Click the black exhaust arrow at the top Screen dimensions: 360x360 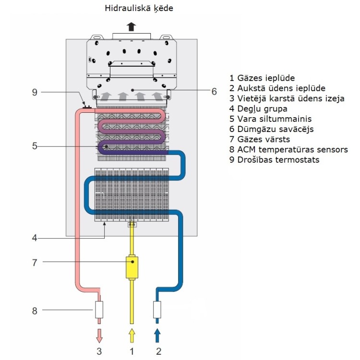[132, 26]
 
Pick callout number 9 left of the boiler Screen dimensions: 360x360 [35, 92]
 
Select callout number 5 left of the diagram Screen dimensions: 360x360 [35, 146]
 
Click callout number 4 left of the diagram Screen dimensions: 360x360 [35, 237]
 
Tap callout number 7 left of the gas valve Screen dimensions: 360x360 [35, 262]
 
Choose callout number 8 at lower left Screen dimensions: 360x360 [35, 311]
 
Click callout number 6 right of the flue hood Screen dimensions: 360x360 [214, 90]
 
